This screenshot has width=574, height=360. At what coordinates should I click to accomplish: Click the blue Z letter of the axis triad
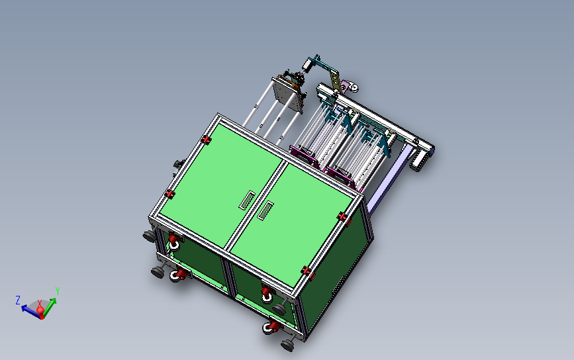click(x=18, y=300)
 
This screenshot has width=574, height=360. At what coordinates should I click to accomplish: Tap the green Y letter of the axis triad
click(x=58, y=291)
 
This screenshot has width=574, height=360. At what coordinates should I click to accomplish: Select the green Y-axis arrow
click(x=49, y=306)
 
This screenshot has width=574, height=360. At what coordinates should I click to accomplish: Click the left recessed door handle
click(x=247, y=200)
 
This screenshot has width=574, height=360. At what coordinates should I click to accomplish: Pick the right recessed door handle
click(x=265, y=210)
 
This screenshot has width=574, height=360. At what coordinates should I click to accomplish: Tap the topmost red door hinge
click(x=206, y=140)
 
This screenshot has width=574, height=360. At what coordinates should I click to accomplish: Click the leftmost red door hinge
click(x=170, y=194)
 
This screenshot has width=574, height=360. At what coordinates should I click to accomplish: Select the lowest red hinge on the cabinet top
click(x=306, y=271)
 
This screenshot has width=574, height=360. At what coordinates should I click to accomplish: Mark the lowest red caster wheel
click(x=271, y=327)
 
